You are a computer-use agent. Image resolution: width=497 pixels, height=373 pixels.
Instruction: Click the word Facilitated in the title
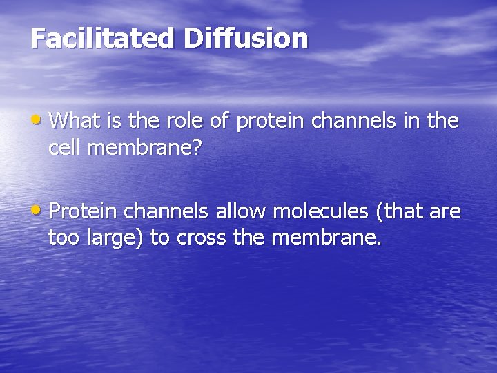coord(102,38)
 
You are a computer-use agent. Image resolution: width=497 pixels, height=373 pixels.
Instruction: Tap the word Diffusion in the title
coord(245,38)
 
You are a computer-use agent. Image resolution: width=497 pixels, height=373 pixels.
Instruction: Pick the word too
coord(64,238)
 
